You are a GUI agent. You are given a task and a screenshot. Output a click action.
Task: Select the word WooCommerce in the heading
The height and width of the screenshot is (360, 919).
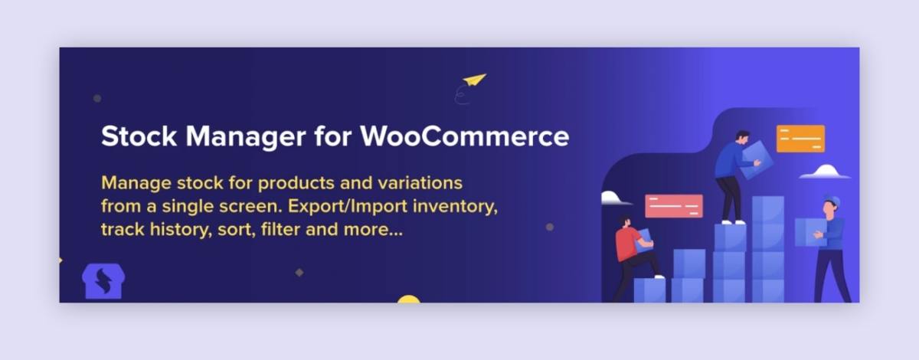pyautogui.click(x=465, y=136)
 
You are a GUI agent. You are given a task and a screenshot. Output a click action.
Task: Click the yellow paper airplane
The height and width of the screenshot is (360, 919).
pyautogui.click(x=474, y=80)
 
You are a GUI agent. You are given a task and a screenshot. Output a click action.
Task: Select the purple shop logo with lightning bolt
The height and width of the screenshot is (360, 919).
pyautogui.click(x=103, y=282)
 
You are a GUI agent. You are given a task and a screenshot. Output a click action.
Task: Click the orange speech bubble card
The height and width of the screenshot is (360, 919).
pyautogui.click(x=800, y=139)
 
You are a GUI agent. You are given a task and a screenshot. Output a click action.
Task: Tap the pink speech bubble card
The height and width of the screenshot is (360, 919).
pyautogui.click(x=674, y=205)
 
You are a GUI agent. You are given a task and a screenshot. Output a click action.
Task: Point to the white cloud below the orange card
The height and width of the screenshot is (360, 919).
pyautogui.click(x=825, y=172)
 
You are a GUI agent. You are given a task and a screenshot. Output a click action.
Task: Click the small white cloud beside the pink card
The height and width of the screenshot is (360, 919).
pyautogui.click(x=614, y=198)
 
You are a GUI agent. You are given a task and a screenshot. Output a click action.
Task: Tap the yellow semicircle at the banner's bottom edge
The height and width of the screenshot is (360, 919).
pyautogui.click(x=409, y=299)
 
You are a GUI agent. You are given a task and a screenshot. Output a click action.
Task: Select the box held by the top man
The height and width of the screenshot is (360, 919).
pyautogui.click(x=756, y=158)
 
